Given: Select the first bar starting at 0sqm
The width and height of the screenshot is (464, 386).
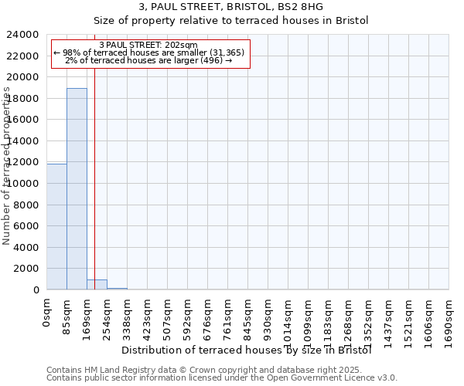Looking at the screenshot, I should [x=56, y=227].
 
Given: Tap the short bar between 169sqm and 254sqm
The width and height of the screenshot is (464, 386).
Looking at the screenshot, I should [x=97, y=284].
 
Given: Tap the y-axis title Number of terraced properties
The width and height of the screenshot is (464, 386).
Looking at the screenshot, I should [x=7, y=166].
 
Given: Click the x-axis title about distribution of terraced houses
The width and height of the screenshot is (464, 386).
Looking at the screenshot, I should [x=247, y=350].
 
